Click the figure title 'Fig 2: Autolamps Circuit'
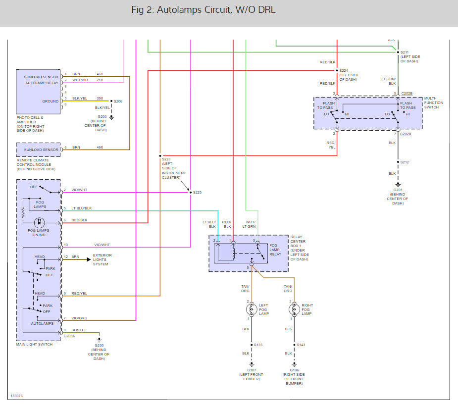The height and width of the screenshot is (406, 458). pyautogui.click(x=182, y=9)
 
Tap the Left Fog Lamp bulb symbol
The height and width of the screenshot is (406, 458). pyautogui.click(x=252, y=309)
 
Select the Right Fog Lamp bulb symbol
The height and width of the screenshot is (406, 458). pyautogui.click(x=294, y=309)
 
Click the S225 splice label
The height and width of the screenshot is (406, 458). pyautogui.click(x=197, y=192)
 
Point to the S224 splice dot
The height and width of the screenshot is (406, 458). pyautogui.click(x=337, y=70)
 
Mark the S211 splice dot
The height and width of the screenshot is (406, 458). pyautogui.click(x=398, y=52)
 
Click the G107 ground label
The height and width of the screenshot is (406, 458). pyautogui.click(x=252, y=370)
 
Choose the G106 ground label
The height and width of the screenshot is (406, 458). pyautogui.click(x=294, y=370)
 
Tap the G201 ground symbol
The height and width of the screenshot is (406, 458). pyautogui.click(x=398, y=185)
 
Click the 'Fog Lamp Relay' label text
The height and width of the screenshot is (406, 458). pyautogui.click(x=275, y=250)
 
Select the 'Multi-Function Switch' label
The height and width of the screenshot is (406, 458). pyautogui.click(x=433, y=103)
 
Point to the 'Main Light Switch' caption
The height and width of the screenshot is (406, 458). pyautogui.click(x=35, y=345)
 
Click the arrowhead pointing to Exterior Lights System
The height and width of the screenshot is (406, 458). pyautogui.click(x=89, y=259)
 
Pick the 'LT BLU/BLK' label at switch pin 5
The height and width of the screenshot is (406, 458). pyautogui.click(x=82, y=208)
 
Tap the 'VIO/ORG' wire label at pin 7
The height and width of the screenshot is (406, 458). pyautogui.click(x=79, y=318)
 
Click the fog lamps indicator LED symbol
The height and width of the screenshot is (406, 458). pyautogui.click(x=40, y=223)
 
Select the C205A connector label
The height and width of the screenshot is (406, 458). pyautogui.click(x=69, y=336)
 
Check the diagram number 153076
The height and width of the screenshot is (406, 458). pyautogui.click(x=17, y=396)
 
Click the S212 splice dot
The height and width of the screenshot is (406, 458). pyautogui.click(x=398, y=162)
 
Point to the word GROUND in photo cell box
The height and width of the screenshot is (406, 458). pyautogui.click(x=50, y=101)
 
